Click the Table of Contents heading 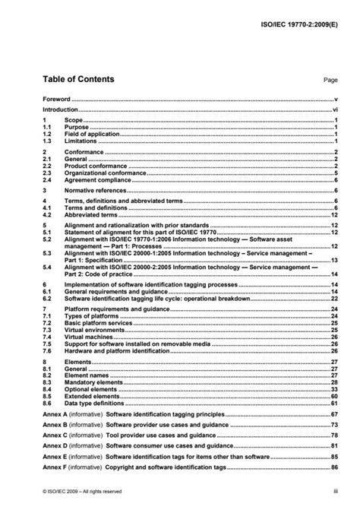(78, 79)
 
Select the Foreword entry (56, 99)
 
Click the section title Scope (74, 121)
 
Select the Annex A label (55, 415)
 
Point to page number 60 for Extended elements (333, 397)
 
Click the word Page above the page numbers (330, 80)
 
